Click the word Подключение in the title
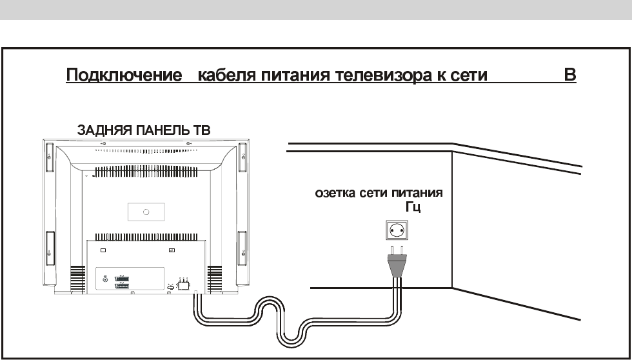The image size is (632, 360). pos(124,75)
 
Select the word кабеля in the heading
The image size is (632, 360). pos(227,75)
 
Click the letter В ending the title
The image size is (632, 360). pos(570,75)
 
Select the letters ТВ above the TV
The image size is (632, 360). pos(202,130)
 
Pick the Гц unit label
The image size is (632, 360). pos(413,207)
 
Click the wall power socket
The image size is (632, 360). pos(397,230)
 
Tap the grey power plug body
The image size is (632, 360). pos(397,265)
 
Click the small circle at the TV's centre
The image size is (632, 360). pos(146,212)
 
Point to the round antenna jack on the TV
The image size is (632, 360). pos(106,279)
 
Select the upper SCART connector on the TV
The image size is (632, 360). pos(123,278)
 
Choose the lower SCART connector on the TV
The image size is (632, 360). pos(123,286)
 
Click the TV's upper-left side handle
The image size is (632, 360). pos(49,157)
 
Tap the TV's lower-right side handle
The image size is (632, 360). pos(242,248)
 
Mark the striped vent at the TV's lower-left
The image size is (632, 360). pos(78,280)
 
